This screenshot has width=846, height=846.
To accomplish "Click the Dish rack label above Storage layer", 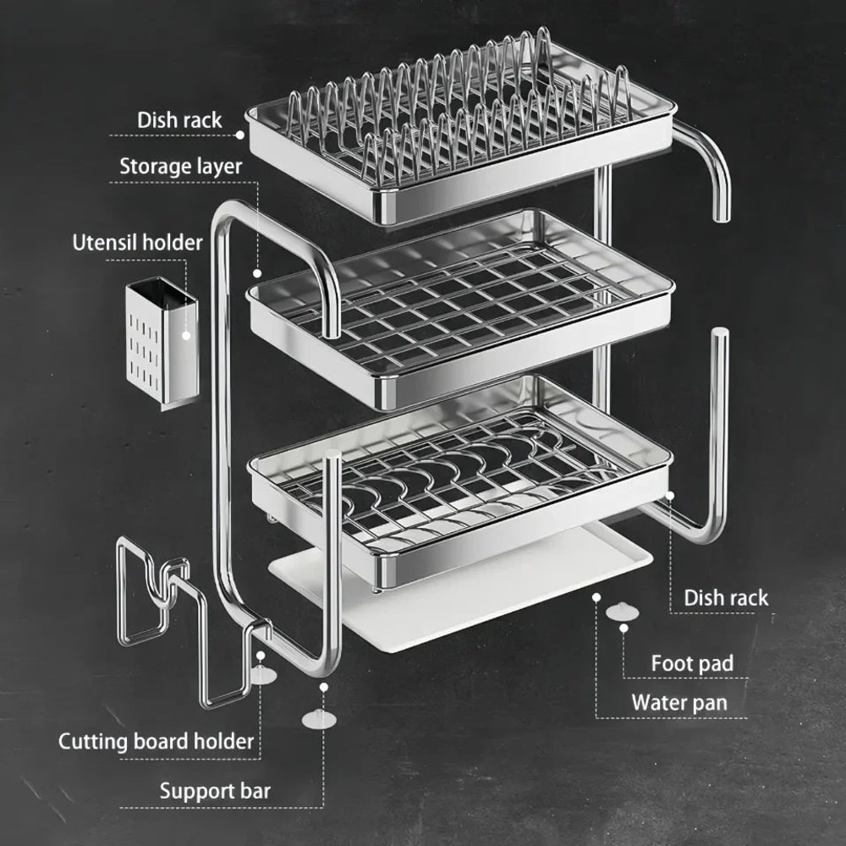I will point(179,120).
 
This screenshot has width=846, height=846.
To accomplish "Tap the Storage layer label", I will point(180,166).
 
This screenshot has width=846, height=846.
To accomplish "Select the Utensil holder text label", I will point(137,243).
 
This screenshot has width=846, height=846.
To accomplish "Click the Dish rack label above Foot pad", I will point(726,597).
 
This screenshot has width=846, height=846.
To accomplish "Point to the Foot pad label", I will point(691,663).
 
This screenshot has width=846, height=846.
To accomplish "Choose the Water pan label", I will point(678,702).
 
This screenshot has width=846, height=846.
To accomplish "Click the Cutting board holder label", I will point(156,742).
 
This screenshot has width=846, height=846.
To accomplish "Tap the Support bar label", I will point(215,791).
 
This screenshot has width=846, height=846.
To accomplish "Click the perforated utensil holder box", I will point(162,343).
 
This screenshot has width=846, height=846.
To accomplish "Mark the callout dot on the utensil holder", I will point(186,336).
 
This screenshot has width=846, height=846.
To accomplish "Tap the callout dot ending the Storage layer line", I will point(256,272).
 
